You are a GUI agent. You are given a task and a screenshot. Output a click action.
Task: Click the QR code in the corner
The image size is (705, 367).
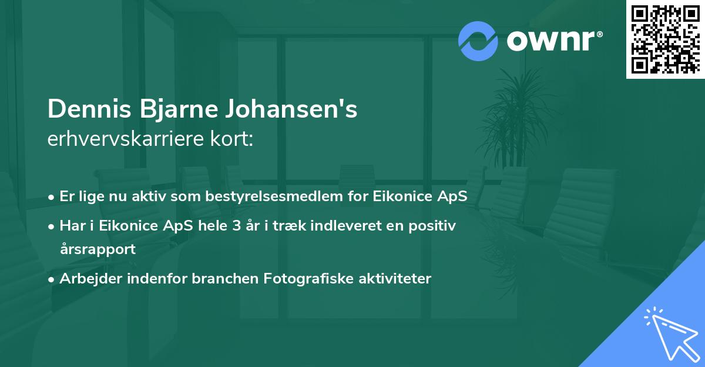point(665,39)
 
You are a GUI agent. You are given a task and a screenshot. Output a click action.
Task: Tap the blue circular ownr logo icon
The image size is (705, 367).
point(478,41)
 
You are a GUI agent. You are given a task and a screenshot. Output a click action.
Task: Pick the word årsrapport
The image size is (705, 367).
point(98,249)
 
